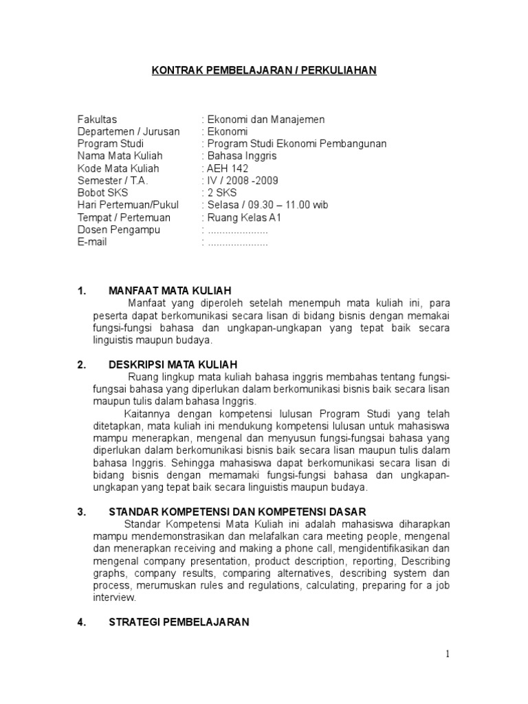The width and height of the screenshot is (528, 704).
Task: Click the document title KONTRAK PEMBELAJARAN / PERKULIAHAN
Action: pos(264,70)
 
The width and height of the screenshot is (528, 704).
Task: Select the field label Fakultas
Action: pos(97,120)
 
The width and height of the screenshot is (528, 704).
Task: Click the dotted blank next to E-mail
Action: pos(237,243)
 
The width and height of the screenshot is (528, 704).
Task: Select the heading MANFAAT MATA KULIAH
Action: pos(170,290)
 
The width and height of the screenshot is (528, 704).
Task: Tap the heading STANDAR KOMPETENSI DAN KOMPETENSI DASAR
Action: pos(238,511)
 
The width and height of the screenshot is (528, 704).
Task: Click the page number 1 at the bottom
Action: pos(448,654)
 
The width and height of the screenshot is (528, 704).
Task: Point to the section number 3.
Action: pos(80,511)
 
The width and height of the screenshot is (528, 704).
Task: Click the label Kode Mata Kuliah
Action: pos(118,168)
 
